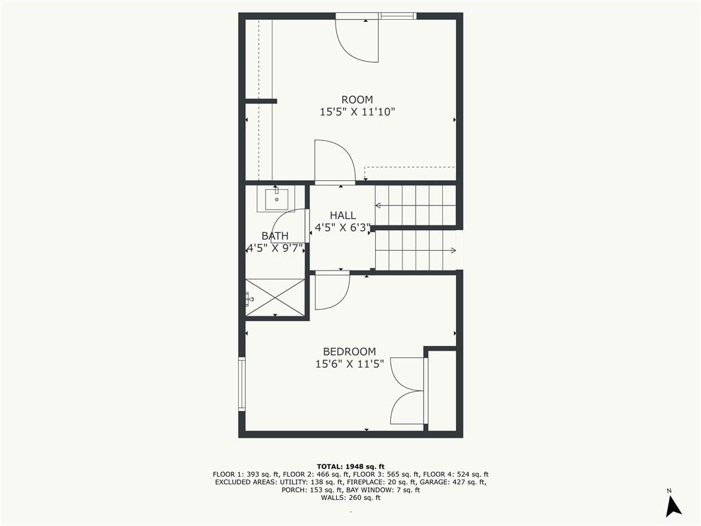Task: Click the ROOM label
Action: tap(357, 100)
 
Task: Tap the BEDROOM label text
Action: tap(349, 351)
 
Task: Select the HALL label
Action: tap(343, 216)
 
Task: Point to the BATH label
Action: tap(275, 236)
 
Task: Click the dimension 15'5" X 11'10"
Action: tap(357, 112)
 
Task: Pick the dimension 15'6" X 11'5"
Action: tap(350, 364)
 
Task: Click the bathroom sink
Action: tap(277, 199)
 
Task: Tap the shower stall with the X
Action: tap(275, 297)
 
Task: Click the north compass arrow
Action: tap(674, 505)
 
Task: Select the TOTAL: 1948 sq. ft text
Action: tap(350, 466)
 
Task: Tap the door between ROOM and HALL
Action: tap(335, 161)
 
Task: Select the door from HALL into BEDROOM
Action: tap(332, 290)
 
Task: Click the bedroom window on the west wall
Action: tap(242, 384)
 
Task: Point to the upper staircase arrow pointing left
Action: tap(415, 205)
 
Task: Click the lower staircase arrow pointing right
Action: tap(416, 250)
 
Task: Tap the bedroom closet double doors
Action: tap(407, 390)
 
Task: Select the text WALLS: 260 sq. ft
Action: tap(350, 498)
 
